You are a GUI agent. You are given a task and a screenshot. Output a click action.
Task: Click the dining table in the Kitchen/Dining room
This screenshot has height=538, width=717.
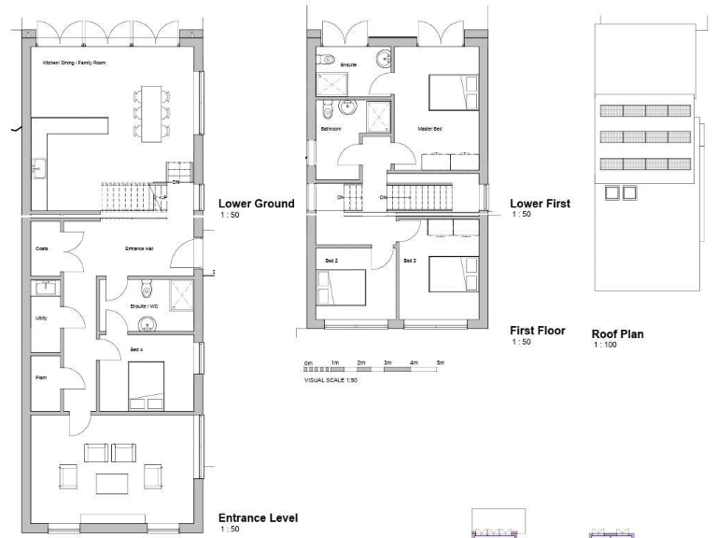pos(151,109)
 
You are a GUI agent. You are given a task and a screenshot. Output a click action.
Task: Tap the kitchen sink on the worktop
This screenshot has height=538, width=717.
pos(41,169)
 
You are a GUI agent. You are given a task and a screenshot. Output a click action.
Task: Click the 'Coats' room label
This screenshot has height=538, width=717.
pos(41,248)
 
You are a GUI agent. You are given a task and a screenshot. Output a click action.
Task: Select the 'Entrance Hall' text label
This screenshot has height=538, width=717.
pos(140,248)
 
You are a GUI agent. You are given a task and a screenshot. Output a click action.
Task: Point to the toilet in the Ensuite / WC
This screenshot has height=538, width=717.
pos(145,288)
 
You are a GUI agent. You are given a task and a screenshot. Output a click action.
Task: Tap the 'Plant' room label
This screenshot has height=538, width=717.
pos(40,378)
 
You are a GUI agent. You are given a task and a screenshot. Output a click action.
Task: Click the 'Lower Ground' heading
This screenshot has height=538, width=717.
pos(256,204)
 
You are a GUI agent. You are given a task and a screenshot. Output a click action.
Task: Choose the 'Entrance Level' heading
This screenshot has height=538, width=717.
pos(258,517)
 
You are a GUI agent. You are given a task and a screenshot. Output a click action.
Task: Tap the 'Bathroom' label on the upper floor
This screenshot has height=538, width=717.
pos(330,129)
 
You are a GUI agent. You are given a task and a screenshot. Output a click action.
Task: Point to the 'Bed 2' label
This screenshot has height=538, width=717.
pos(330,261)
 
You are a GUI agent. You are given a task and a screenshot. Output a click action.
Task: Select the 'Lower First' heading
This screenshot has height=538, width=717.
pos(540,203)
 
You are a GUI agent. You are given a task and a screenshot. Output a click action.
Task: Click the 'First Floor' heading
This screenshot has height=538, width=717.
pos(537,330)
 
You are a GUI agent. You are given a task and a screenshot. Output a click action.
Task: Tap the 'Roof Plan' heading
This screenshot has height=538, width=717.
pos(617,334)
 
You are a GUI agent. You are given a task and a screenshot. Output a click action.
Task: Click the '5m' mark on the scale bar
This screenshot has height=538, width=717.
pos(441,361)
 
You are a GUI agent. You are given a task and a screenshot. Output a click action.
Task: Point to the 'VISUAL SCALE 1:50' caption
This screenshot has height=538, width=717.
pos(330,380)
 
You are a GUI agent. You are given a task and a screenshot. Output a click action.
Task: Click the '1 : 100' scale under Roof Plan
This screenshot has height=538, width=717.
pos(604,346)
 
